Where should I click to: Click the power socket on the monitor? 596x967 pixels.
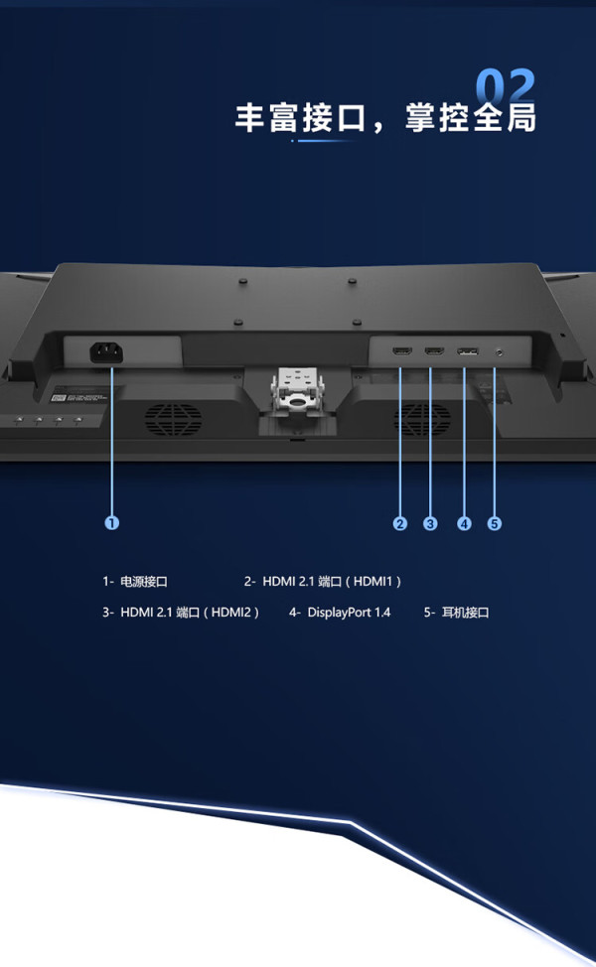click(106, 352)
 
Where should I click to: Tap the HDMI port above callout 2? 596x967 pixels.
click(402, 351)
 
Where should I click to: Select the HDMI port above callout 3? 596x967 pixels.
click(434, 351)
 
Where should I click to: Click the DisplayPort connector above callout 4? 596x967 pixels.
click(467, 351)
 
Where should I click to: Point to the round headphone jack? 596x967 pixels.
click(499, 352)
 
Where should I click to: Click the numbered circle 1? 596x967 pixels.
click(111, 523)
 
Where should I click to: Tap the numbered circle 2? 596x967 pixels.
click(399, 523)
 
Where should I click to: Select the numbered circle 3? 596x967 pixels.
click(430, 523)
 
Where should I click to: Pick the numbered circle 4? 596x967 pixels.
click(464, 523)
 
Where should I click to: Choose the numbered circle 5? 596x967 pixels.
click(495, 523)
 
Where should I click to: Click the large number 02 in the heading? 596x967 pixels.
click(506, 86)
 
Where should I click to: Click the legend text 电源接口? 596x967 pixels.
click(144, 582)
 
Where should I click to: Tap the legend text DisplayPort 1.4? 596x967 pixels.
click(349, 613)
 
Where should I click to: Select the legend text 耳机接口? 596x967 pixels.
click(466, 613)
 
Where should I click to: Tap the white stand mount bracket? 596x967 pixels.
click(297, 390)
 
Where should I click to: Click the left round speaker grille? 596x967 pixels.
click(174, 419)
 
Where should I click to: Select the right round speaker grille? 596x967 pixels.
click(422, 419)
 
